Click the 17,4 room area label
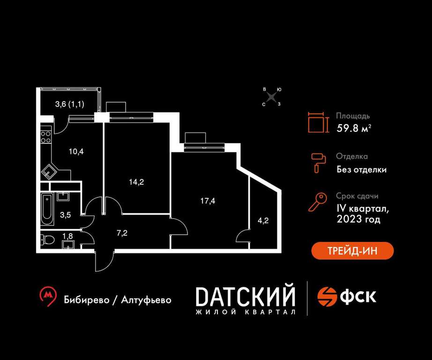208,201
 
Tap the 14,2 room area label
136,182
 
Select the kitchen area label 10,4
76,151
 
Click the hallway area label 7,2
122,233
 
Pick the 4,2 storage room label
263,220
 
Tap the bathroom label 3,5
66,215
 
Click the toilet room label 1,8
68,236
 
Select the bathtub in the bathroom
47,210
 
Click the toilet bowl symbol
46,239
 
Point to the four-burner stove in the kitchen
46,137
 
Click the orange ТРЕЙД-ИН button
352,251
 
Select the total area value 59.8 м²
354,128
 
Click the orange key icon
318,202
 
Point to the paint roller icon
319,163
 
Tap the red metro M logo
48,297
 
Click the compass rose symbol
272,97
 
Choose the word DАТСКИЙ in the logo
245,297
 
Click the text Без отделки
361,170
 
